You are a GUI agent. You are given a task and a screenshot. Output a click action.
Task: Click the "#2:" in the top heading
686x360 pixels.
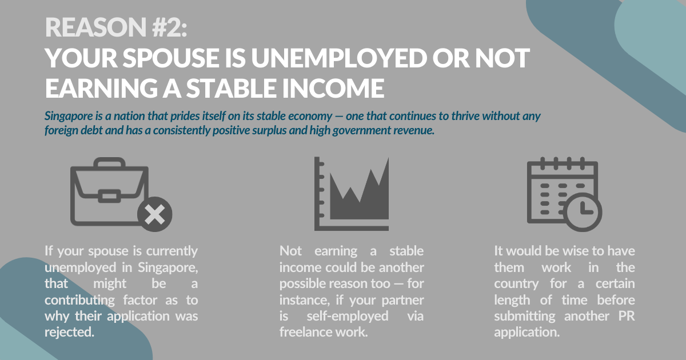[169, 27]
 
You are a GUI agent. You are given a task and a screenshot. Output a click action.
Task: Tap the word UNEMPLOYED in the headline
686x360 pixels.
[338, 58]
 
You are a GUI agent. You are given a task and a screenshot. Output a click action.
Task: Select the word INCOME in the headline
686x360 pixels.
[333, 88]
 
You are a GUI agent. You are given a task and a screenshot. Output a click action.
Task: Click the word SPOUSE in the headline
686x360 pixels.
[170, 58]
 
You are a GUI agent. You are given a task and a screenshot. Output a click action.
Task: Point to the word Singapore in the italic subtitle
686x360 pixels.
[69, 117]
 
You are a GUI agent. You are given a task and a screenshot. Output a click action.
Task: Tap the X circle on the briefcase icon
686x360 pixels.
[155, 214]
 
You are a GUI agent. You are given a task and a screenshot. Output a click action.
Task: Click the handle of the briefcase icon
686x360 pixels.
[109, 162]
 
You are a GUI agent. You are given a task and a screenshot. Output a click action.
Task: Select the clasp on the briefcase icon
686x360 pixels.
[109, 196]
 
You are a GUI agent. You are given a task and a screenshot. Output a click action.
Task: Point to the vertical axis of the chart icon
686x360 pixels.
[317, 194]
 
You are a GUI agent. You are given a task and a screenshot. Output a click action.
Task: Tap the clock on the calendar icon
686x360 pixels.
[583, 212]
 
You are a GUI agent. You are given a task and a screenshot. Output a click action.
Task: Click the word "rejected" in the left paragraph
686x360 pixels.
[69, 332]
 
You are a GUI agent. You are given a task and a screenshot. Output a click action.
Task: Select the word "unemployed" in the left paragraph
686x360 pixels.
[81, 268]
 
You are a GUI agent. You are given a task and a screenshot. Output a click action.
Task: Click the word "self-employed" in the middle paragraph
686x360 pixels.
[348, 316]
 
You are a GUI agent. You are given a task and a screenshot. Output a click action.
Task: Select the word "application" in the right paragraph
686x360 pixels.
[526, 333]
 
